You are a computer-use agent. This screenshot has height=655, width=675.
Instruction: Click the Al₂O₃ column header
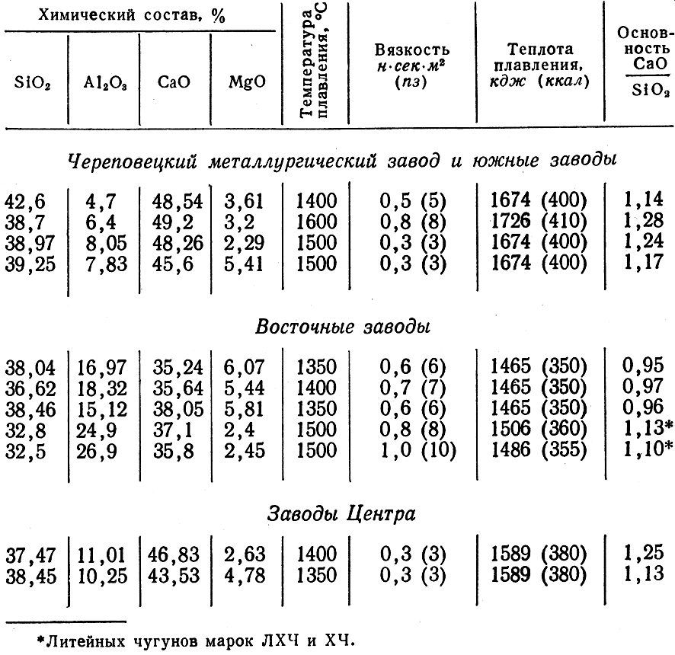(102, 82)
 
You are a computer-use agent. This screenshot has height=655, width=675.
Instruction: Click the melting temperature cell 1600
(316, 222)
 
